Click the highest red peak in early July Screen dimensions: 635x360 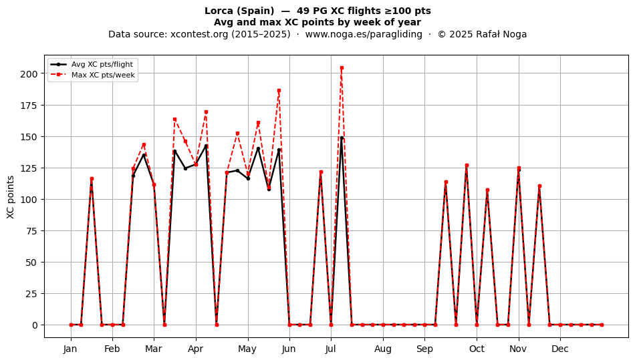[x=342, y=68]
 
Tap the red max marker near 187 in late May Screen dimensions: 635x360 [x=279, y=91]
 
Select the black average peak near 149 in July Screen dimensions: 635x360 [x=342, y=138]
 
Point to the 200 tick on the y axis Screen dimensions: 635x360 [x=32, y=73]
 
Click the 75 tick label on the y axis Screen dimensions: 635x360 [x=34, y=231]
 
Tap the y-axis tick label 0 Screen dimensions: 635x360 [x=35, y=325]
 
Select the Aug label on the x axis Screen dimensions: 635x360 [x=383, y=349]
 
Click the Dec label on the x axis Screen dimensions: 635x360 [x=560, y=349]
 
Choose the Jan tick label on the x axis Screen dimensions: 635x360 [x=70, y=349]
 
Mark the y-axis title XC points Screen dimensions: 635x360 [x=11, y=197]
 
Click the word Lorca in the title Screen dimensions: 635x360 [x=219, y=11]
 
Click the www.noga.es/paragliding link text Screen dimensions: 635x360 [x=364, y=34]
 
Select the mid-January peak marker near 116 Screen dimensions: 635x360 [x=92, y=179]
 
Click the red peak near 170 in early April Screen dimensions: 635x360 [x=206, y=112]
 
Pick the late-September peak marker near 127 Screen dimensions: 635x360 [x=467, y=166]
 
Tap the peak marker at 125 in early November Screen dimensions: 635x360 [x=519, y=168]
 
